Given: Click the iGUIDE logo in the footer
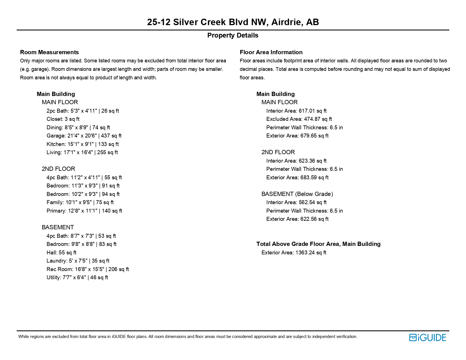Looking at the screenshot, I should point(427,337).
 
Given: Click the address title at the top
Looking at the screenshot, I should point(233,22).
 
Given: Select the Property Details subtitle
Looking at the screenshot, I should point(233,35).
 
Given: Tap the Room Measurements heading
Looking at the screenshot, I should point(49,52).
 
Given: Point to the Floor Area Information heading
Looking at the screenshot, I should point(271,52).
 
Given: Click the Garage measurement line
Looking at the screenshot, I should point(84,136).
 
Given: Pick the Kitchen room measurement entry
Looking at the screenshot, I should point(82,144).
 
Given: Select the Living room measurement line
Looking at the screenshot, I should point(82,152).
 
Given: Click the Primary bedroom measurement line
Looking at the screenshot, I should point(84,211).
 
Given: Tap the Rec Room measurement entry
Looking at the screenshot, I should point(88,269).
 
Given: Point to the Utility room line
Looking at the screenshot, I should point(77,278).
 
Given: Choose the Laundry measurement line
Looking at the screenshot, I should point(78,261).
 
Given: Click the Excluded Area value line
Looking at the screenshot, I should point(299,119).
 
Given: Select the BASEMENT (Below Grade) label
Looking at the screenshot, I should point(297,194).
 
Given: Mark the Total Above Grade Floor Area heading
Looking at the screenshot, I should point(318,244).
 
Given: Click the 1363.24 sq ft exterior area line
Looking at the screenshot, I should point(294,253).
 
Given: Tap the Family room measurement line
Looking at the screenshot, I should point(80,202).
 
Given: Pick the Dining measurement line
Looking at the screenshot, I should point(78,128).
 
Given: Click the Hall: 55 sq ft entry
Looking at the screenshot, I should point(61,253).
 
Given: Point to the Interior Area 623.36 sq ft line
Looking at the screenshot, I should point(296,161).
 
